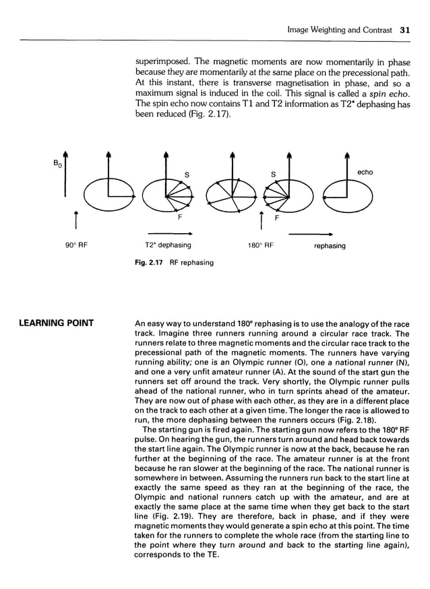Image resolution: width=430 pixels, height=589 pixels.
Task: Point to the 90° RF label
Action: [78, 246]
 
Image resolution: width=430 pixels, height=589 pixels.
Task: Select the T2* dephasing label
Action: [168, 246]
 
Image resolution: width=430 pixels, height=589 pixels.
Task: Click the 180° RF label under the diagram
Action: [259, 246]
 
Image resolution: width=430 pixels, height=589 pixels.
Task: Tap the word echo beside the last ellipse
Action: [365, 173]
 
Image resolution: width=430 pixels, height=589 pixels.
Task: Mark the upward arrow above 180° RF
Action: [260, 220]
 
